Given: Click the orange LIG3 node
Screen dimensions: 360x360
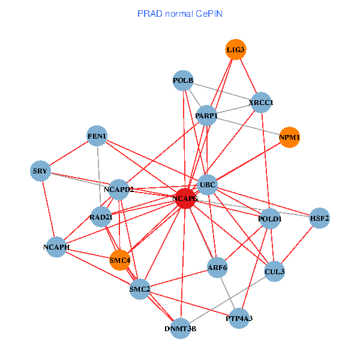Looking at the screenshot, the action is (x=236, y=50).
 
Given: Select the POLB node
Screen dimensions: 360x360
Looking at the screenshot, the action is (x=183, y=80).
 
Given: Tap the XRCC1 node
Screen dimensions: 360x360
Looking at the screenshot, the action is (x=261, y=103).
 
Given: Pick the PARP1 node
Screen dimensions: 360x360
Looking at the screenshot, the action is (x=206, y=115).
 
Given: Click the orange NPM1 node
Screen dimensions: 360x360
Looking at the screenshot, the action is (x=289, y=137).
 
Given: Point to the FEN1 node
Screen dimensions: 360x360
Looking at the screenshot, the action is (x=97, y=136).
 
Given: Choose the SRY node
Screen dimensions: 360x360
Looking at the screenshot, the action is (x=40, y=172).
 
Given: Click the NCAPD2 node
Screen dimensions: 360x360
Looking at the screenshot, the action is (x=119, y=190).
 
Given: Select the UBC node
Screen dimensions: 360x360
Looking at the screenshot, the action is (x=208, y=184).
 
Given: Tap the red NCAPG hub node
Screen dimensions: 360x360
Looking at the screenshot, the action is (x=185, y=198).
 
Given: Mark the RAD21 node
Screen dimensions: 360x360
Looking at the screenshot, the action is (x=101, y=217).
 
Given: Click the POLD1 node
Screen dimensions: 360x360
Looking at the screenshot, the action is (x=270, y=219).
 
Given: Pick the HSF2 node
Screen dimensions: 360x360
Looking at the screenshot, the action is (x=319, y=218).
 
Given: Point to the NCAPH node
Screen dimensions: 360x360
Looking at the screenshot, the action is (x=57, y=247).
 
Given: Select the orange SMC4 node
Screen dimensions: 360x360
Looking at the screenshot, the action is (x=120, y=260).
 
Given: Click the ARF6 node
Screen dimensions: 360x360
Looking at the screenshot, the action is (x=217, y=266).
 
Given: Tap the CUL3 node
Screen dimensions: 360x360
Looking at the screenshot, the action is (x=274, y=271).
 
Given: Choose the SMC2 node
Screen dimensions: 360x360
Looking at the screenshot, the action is (x=140, y=289).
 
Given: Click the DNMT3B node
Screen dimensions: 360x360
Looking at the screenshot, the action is (x=181, y=328).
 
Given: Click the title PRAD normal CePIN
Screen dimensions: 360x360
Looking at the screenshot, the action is (x=180, y=13).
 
